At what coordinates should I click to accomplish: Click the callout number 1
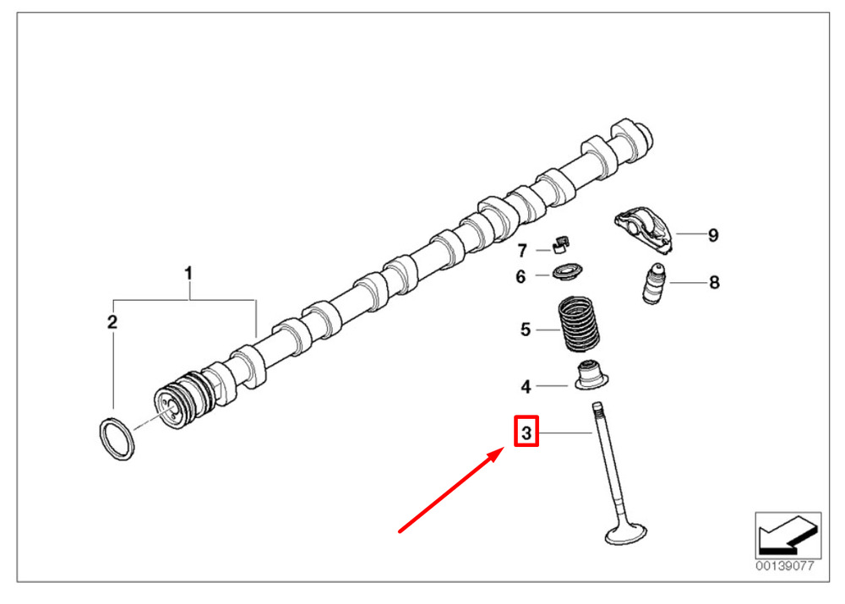[188, 274]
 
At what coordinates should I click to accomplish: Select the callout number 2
[112, 322]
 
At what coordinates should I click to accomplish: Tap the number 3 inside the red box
[526, 433]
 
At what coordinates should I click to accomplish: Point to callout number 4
[526, 386]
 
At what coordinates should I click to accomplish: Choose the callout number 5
[526, 329]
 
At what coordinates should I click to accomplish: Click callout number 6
[520, 276]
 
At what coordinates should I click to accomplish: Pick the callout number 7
[521, 251]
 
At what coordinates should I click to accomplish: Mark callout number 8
[714, 282]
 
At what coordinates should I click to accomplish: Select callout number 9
[713, 235]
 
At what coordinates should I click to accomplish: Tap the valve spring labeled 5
[579, 324]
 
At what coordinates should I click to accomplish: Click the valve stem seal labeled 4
[591, 376]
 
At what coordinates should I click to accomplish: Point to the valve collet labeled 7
[561, 244]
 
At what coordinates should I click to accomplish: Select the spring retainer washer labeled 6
[568, 271]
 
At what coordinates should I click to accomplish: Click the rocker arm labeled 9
[644, 229]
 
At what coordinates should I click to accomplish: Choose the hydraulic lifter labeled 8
[654, 284]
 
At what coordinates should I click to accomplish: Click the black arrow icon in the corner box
[788, 535]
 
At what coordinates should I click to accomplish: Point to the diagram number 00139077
[785, 566]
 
